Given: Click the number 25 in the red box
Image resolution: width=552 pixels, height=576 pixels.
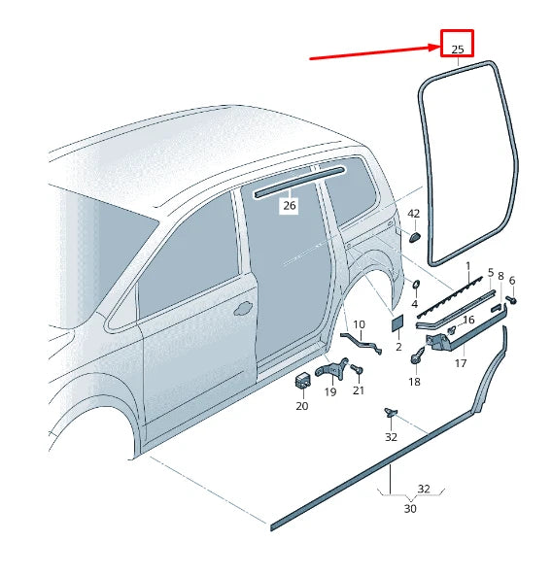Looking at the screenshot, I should coord(458,48).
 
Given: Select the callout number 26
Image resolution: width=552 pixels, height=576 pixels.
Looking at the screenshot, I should coord(289,205).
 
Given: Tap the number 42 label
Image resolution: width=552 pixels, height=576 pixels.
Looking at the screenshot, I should coord(413,214).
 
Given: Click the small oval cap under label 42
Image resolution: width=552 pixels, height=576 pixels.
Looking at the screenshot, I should coord(412,235).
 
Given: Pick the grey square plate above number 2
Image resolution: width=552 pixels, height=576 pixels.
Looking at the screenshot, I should coord(397,325).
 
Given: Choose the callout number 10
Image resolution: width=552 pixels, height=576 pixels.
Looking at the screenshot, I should coord(359,324).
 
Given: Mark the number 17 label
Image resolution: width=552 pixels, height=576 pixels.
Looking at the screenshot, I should coord(461,363).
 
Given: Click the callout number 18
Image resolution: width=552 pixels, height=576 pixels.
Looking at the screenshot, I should coord(414,382).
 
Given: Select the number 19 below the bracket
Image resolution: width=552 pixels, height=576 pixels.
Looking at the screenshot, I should coord(329,391).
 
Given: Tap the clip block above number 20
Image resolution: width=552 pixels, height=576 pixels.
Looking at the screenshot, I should coord(301,380).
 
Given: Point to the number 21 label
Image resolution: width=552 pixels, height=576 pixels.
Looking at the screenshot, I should coord(359,390).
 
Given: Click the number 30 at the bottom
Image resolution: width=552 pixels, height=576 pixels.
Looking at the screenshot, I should coord(410,508).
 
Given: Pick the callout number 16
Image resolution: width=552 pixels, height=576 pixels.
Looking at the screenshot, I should coord(468,320).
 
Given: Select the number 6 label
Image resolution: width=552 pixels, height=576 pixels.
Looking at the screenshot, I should coord(512,281).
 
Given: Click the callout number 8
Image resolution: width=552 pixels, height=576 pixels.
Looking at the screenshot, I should coord(500,277).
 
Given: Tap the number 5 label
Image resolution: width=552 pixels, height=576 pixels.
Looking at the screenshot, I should coord(491,273).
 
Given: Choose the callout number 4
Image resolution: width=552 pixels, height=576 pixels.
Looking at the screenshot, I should coord(414,304).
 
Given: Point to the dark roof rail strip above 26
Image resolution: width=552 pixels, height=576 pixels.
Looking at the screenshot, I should coord(298,182).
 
